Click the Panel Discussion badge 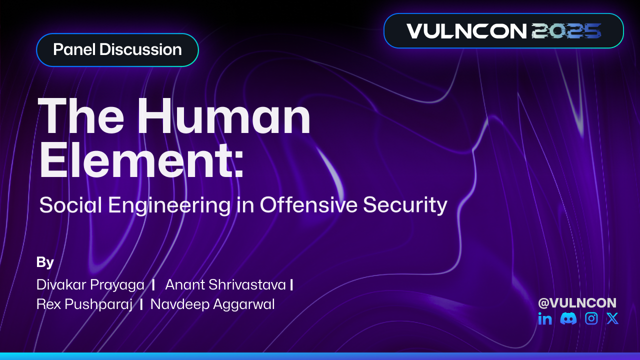tap(117, 50)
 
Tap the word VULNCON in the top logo tap(466, 31)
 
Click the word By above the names tap(45, 262)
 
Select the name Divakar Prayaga tap(90, 285)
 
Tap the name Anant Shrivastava tap(225, 285)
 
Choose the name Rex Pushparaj tap(84, 304)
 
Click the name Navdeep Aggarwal tap(212, 304)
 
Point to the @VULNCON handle tap(577, 302)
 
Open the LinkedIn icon tap(545, 318)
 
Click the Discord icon tap(568, 318)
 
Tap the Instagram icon tap(591, 318)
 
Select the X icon tap(612, 318)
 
